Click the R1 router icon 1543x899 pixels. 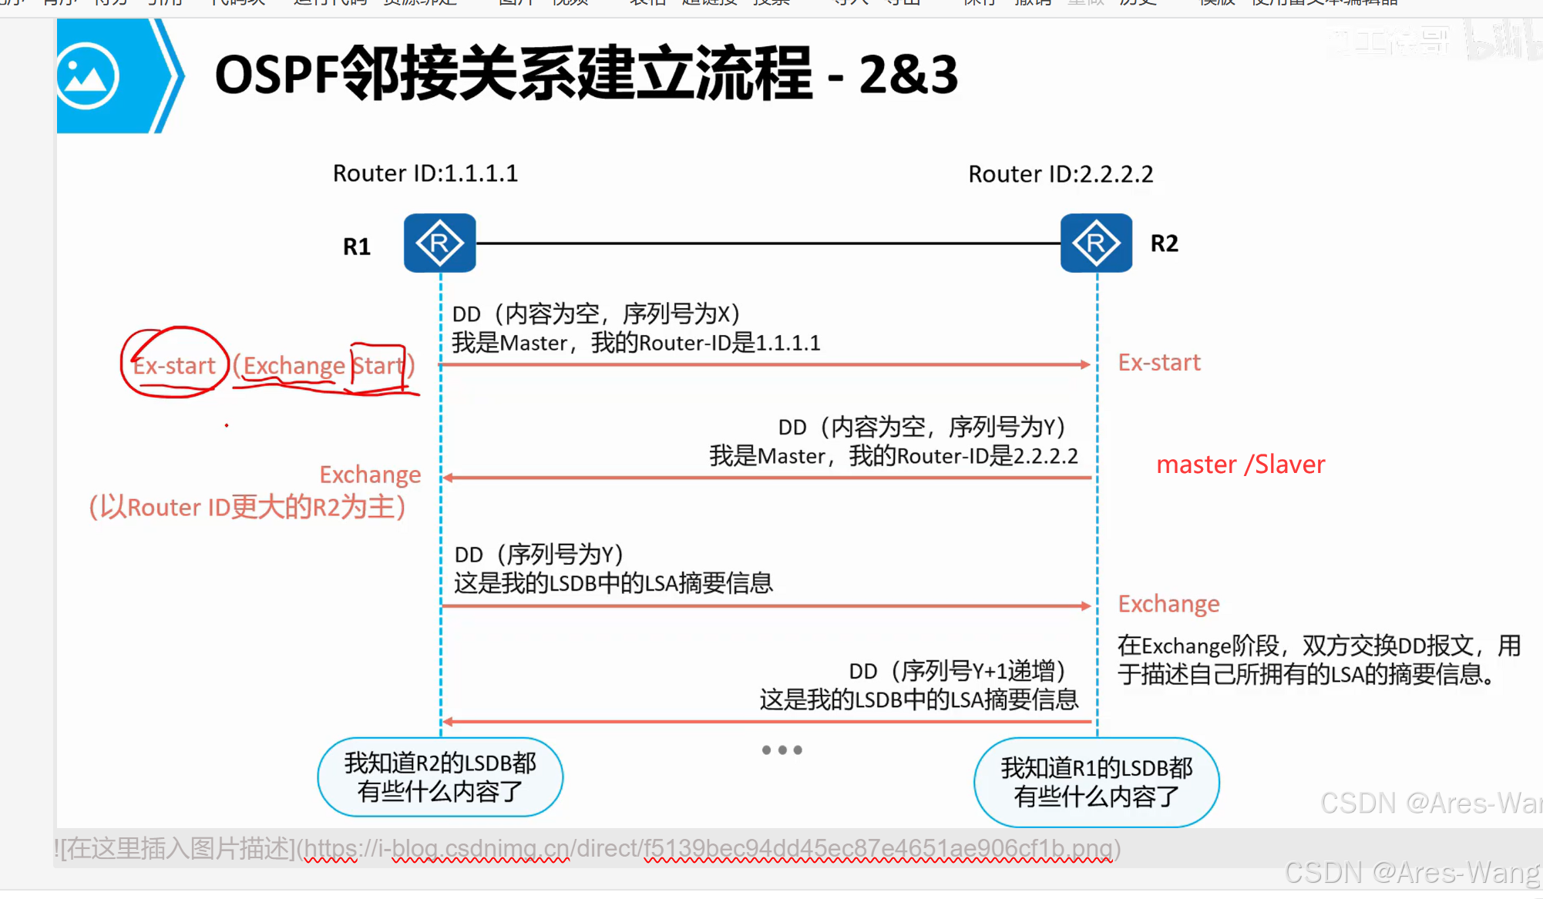point(439,243)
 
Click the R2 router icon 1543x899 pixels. point(1096,243)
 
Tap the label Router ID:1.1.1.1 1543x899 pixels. point(425,173)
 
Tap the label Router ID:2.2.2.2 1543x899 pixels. point(1061,174)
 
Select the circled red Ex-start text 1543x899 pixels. point(174,365)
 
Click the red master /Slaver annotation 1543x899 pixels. point(1240,465)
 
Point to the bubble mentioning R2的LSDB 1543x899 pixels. point(440,777)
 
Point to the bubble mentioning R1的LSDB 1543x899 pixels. point(1096,782)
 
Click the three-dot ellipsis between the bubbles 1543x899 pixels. point(782,750)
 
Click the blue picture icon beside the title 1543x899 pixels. point(88,76)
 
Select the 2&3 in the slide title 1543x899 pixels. point(908,75)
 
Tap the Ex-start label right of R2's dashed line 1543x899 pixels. point(1159,363)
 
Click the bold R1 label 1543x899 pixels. point(356,247)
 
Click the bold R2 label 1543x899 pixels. point(1164,243)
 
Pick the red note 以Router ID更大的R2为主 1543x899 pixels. point(247,507)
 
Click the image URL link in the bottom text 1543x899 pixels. point(709,849)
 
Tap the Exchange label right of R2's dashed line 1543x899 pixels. point(1168,604)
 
